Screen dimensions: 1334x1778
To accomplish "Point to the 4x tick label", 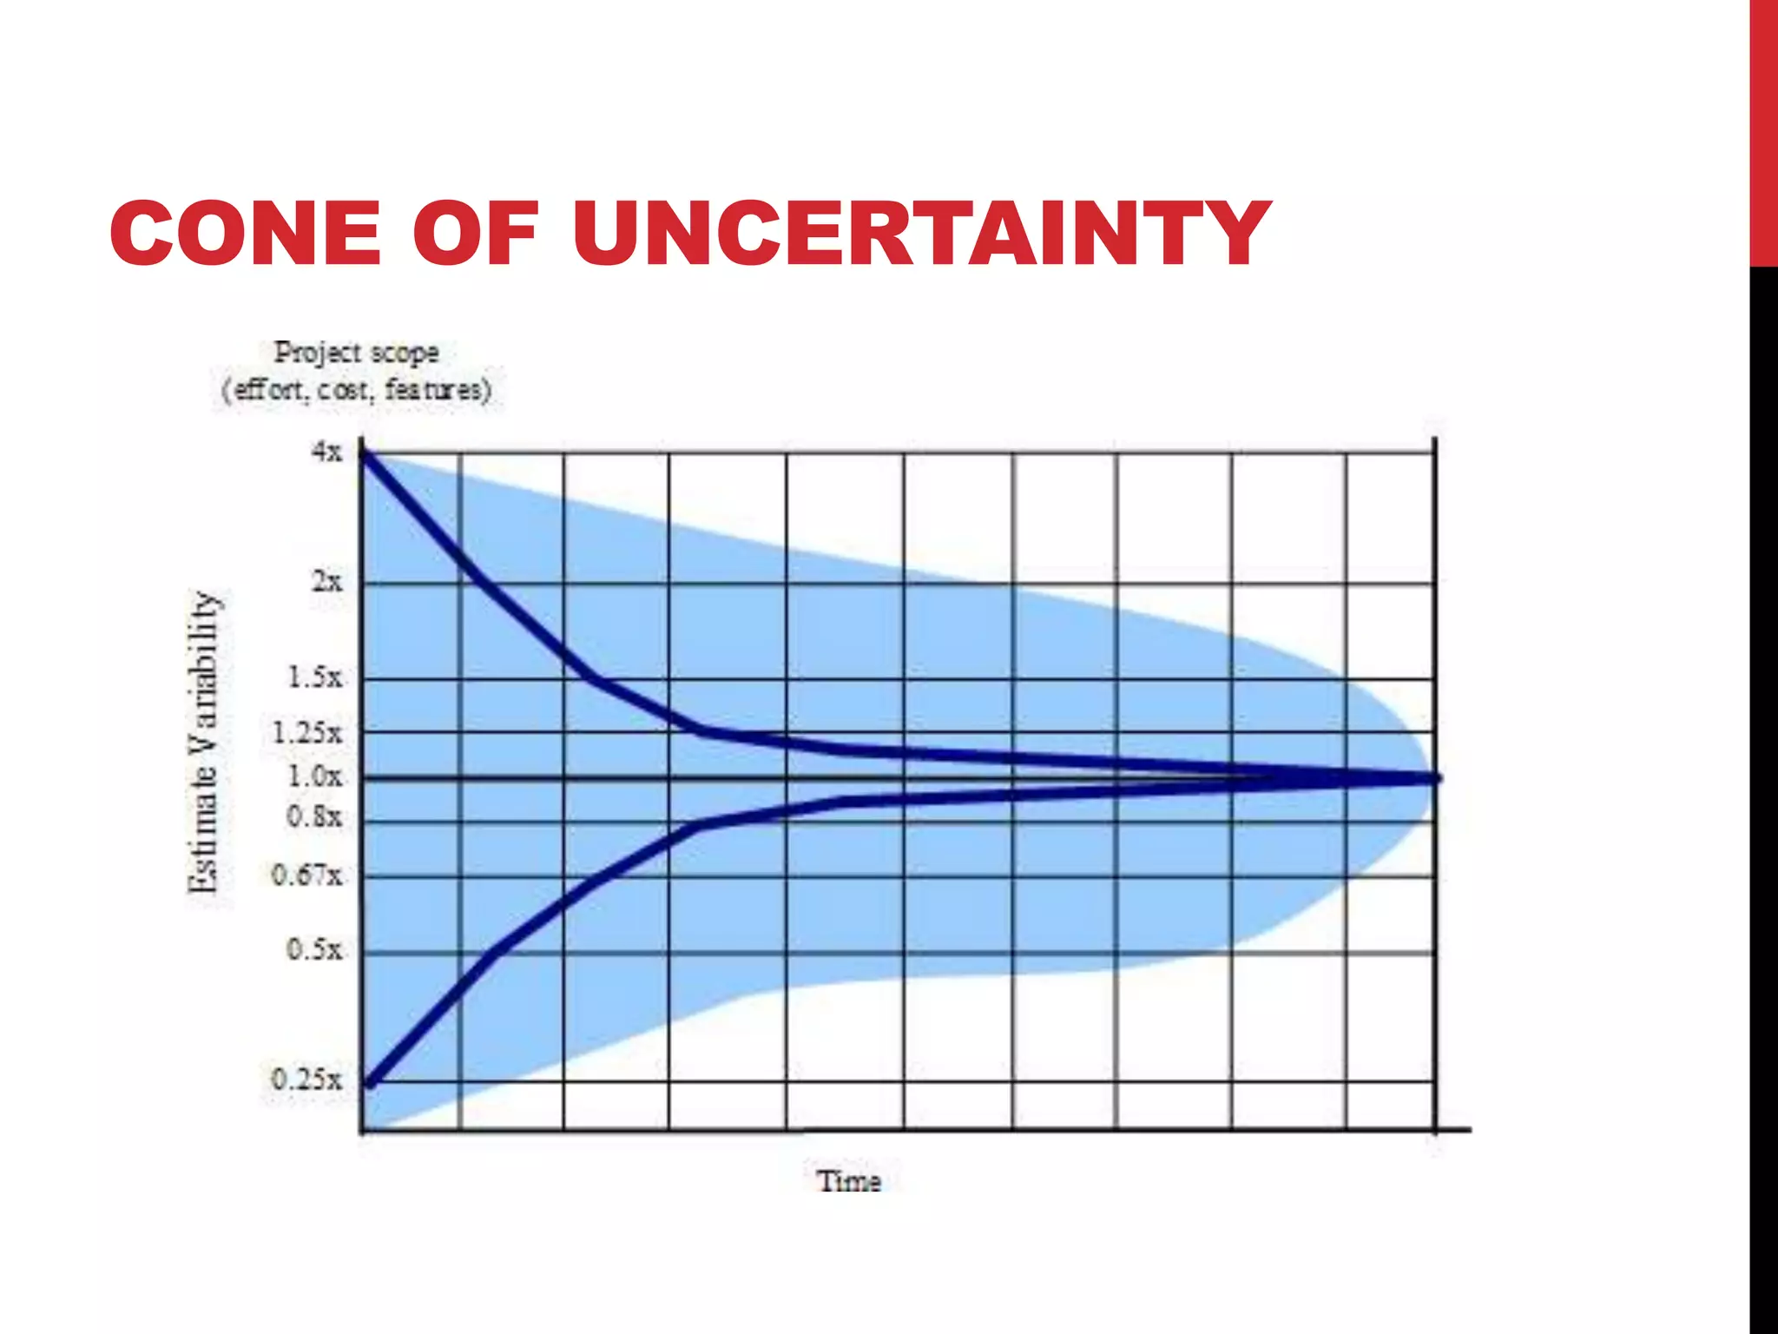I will (327, 452).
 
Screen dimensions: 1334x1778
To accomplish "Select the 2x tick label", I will (327, 581).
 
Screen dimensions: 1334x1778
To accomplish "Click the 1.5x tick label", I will (315, 677).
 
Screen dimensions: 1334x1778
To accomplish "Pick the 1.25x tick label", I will (307, 733).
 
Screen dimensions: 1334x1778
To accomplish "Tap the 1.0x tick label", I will (315, 776).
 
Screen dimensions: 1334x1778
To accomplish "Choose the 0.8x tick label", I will (315, 816).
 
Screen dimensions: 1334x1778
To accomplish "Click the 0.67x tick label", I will (307, 875).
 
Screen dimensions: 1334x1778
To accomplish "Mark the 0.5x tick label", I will (315, 949).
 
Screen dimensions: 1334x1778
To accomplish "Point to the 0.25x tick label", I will (307, 1080).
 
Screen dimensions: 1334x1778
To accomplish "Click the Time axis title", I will (849, 1181).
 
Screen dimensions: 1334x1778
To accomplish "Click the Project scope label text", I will (356, 353).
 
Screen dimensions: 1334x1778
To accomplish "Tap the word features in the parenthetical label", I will (438, 389).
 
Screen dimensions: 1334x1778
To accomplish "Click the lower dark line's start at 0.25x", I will (370, 1082).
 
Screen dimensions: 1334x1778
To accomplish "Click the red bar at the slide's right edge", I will (1763, 130).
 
